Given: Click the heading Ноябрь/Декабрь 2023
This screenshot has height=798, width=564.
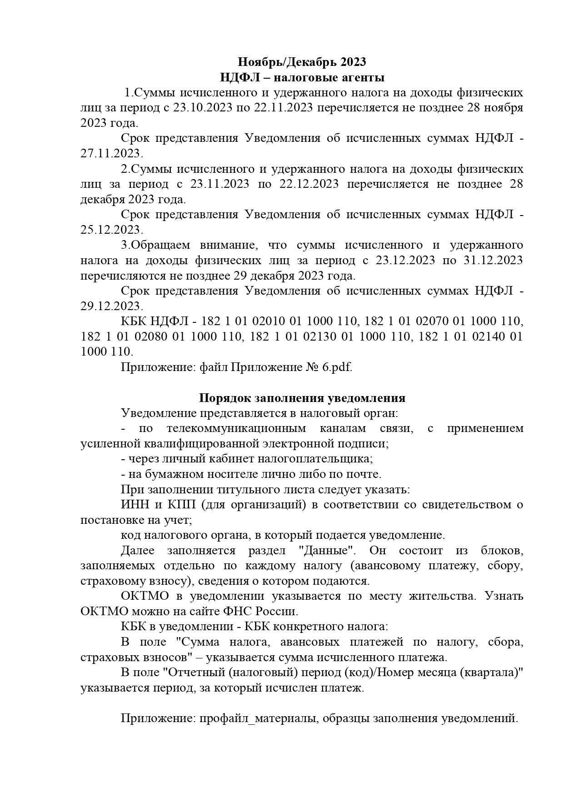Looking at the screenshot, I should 302,61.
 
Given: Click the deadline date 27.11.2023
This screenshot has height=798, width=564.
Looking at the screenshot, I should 111,153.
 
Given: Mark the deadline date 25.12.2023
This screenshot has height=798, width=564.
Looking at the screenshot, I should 111,230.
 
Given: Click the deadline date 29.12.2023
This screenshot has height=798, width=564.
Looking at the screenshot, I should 111,306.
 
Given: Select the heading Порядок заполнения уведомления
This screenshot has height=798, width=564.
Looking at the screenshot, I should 302,398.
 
